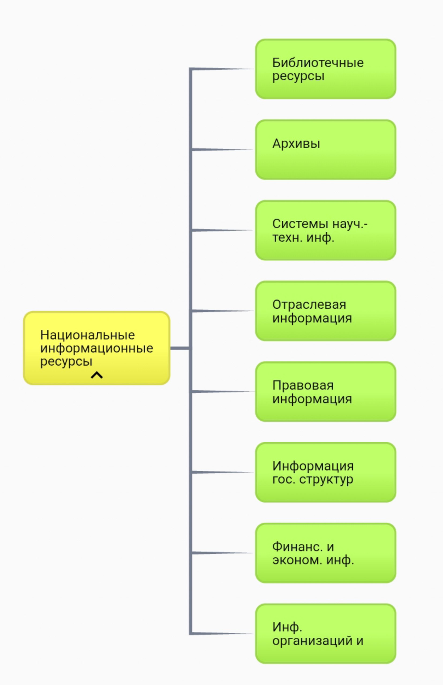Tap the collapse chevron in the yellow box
(97, 375)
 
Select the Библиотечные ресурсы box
(326, 69)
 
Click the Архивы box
(326, 150)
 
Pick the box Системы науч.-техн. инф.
(326, 230)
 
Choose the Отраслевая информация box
(326, 311)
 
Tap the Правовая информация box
(326, 392)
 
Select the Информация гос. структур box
(326, 472)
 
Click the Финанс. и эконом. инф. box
(326, 553)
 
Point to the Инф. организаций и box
(326, 634)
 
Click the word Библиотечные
(318, 63)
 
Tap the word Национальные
(88, 335)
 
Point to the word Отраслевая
(309, 305)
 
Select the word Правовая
(303, 386)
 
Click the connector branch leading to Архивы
(222, 150)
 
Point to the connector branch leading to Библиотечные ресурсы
(222, 69)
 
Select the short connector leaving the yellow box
(180, 348)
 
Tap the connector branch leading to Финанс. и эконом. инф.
(222, 553)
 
